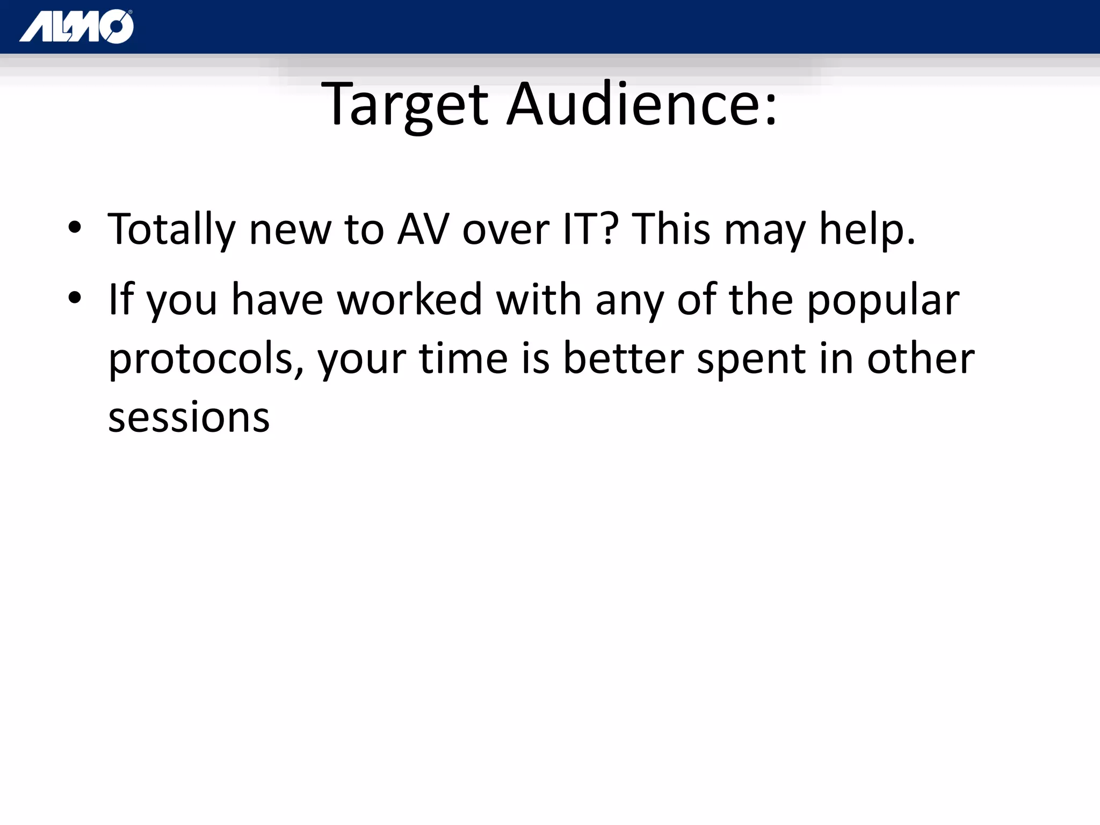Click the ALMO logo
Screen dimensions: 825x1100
tap(76, 26)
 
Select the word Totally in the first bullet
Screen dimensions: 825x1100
tap(171, 230)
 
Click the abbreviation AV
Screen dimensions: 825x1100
tap(423, 230)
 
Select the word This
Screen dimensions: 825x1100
tap(671, 230)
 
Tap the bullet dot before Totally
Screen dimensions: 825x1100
tap(75, 227)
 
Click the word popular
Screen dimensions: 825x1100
tap(883, 301)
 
